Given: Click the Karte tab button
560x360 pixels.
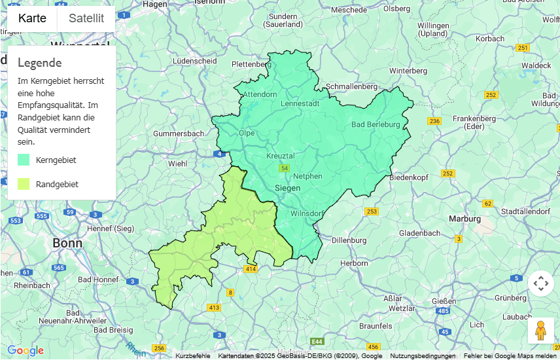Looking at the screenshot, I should (32, 18).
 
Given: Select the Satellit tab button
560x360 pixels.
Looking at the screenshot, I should (86, 18).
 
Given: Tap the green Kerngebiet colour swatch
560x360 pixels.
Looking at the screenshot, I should (24, 160).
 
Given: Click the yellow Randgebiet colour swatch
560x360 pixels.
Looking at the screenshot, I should (24, 184).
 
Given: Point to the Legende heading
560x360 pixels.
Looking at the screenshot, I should (40, 63).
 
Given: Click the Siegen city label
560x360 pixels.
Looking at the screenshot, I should (287, 188).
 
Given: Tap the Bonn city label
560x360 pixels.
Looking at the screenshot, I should (68, 243).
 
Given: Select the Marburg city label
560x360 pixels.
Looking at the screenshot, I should (465, 219).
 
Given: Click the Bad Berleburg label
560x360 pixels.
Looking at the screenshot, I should (376, 124).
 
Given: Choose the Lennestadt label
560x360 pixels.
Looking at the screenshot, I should (300, 104).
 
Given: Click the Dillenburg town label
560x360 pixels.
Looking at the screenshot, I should (349, 240).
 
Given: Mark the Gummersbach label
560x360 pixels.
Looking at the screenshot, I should (178, 134).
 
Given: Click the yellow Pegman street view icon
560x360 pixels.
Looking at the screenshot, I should (540, 331).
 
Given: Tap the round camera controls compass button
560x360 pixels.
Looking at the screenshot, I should (540, 283).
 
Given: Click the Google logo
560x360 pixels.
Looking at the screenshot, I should (25, 351).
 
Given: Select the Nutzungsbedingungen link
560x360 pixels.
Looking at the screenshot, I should (423, 356).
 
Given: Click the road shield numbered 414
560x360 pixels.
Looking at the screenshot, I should (251, 269).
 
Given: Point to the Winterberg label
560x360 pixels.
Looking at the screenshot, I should (408, 70).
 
